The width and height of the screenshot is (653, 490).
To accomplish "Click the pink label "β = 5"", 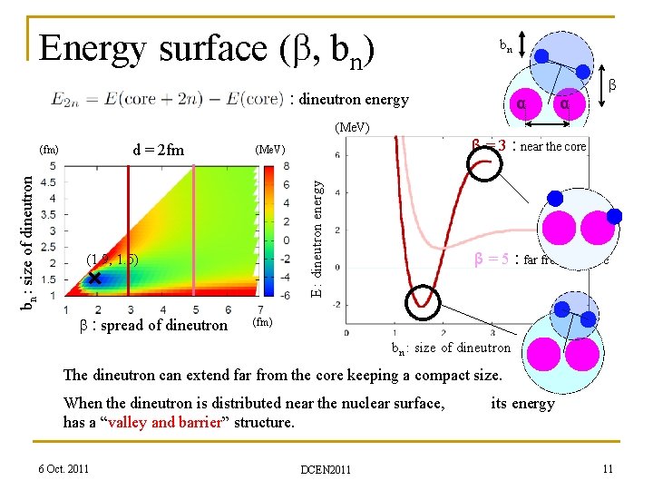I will [x=492, y=260].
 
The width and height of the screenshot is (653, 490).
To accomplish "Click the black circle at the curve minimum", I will [x=420, y=301].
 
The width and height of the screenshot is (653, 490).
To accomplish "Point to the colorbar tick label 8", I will [x=287, y=166].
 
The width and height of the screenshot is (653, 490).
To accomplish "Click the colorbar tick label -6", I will [x=285, y=296].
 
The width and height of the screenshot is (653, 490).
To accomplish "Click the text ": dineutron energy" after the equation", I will [x=349, y=99].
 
